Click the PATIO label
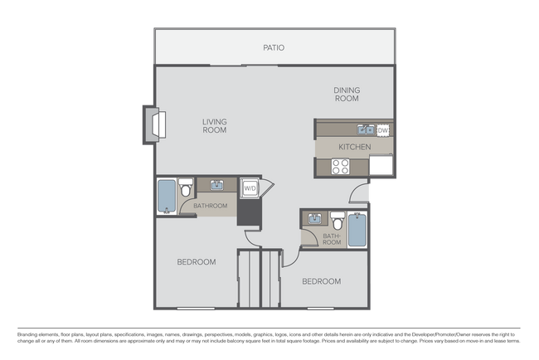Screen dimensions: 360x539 click(x=274, y=47)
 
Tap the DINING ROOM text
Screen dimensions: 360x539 click(x=347, y=94)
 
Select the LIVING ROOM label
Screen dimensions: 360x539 click(x=215, y=125)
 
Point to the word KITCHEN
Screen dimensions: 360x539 click(x=354, y=147)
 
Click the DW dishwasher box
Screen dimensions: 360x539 click(x=383, y=130)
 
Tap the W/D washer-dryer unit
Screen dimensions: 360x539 click(x=250, y=188)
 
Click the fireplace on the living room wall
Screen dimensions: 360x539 click(x=156, y=124)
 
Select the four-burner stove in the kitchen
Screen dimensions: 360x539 click(x=341, y=166)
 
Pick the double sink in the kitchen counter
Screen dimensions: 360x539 click(x=366, y=129)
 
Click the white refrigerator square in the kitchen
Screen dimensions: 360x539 click(x=381, y=165)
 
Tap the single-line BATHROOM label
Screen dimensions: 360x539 click(x=211, y=205)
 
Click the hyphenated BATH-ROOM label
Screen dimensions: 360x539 click(x=332, y=239)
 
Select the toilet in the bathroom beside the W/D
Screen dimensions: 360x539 click(x=186, y=187)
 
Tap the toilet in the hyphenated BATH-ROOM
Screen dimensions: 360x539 click(x=337, y=222)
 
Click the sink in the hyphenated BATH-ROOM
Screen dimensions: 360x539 click(x=315, y=219)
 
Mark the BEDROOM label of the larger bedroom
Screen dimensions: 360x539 click(x=197, y=262)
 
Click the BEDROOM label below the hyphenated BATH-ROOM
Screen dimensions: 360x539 click(x=321, y=281)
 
